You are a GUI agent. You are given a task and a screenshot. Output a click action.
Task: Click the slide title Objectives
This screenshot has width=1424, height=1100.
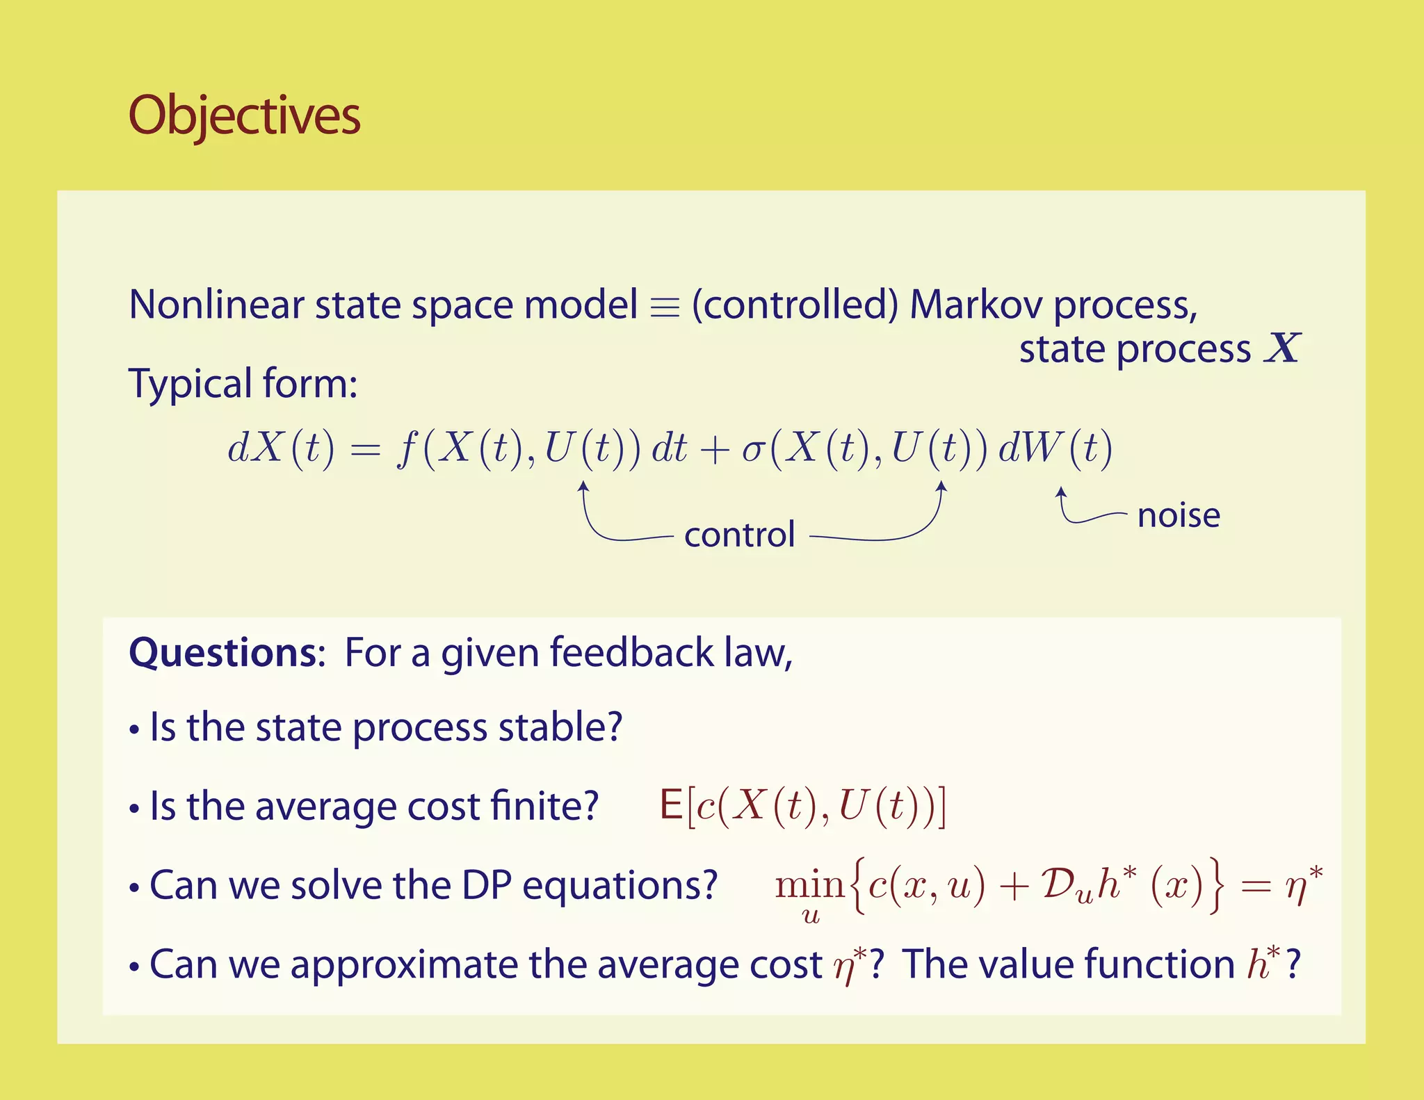244,115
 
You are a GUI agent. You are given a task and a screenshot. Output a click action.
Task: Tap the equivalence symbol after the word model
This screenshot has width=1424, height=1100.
664,307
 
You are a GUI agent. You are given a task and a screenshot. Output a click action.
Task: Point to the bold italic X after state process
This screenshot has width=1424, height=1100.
1282,348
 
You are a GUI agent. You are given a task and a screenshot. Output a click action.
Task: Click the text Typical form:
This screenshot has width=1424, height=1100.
243,384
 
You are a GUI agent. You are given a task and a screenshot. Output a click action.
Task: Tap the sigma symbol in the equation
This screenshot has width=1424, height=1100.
752,449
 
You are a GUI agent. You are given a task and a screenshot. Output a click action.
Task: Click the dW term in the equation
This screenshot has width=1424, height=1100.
1029,448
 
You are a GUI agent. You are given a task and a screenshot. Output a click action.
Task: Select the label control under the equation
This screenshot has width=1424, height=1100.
739,535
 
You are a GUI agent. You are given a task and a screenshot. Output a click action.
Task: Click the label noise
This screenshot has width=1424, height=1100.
1179,516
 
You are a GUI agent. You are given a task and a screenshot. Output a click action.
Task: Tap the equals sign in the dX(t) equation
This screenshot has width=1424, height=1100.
366,451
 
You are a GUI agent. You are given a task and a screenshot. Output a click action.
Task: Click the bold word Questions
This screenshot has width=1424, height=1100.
223,653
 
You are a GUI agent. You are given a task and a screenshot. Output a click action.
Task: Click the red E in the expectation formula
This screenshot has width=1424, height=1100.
671,806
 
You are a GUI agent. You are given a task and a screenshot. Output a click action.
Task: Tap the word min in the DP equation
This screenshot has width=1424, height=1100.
809,885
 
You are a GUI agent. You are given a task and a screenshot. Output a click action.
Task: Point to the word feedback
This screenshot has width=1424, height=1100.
631,653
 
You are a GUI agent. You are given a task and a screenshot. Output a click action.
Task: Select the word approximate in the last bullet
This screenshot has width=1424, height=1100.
404,965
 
